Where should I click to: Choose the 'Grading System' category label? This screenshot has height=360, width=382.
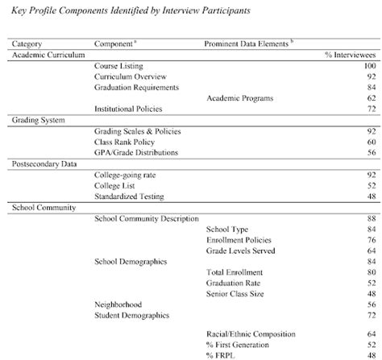coord(38,118)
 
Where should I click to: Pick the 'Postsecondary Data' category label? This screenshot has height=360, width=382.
coord(45,163)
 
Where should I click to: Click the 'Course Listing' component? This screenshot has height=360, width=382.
coord(118,64)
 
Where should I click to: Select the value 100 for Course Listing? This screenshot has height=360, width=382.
coord(370,64)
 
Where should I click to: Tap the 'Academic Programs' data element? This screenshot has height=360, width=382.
coord(240,97)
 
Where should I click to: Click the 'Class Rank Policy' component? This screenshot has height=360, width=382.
coord(126,141)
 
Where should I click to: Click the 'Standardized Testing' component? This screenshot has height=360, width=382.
coord(129,196)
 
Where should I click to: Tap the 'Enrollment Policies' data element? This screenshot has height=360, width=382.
coord(239,240)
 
